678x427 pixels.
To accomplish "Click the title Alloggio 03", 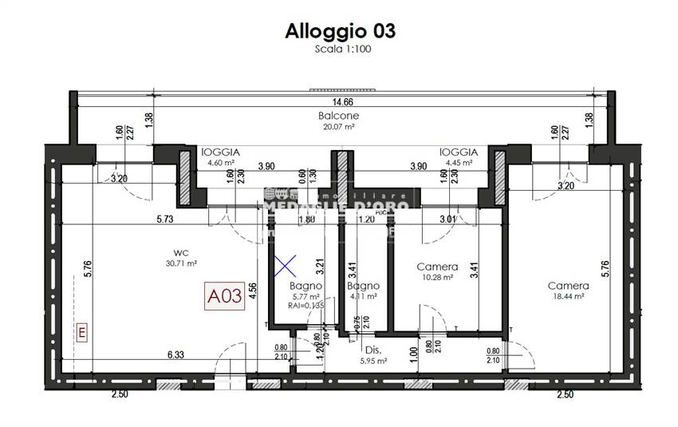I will click(x=340, y=31).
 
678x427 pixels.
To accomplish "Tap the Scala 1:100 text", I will click(x=340, y=49).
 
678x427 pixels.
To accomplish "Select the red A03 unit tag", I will click(x=224, y=298).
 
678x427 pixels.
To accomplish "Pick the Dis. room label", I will click(x=373, y=350).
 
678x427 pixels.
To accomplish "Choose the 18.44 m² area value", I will click(x=568, y=296).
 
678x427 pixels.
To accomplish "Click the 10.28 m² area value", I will click(x=437, y=277).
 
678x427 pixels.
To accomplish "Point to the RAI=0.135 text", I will click(x=305, y=304).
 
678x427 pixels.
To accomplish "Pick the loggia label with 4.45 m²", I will click(x=458, y=152).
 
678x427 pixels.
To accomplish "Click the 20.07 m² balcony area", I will click(x=337, y=125).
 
